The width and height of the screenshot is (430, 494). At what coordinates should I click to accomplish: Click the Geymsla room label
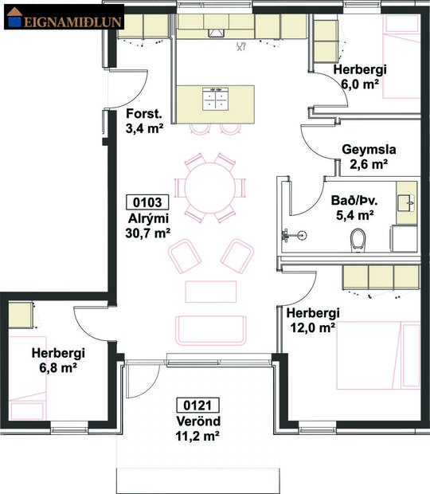coord(369,149)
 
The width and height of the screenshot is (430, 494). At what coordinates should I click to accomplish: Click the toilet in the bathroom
coord(358,237)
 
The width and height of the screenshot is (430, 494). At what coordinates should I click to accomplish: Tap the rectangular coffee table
coord(211,290)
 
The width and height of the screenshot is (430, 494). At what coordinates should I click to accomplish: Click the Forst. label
coord(144,112)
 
